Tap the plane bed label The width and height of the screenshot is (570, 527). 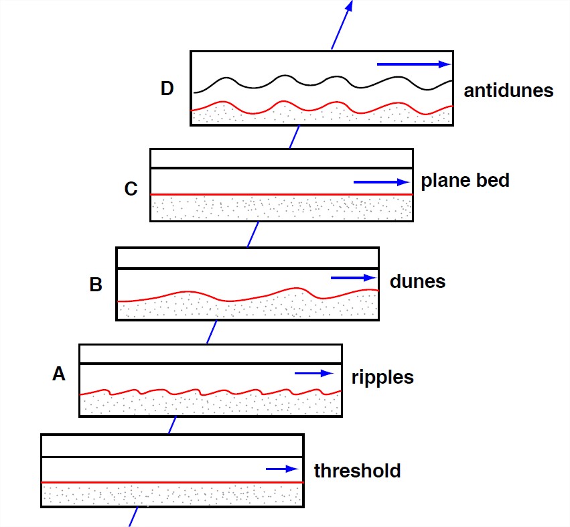coord(465,181)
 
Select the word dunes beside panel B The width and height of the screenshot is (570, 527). coord(417,281)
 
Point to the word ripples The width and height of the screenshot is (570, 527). coord(382,378)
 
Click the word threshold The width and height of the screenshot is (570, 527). coord(357,471)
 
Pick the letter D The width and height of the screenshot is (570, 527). coord(167,88)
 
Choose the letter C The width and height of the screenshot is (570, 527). coord(131,189)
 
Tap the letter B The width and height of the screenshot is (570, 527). coord(96,285)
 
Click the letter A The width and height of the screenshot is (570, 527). coord(59,374)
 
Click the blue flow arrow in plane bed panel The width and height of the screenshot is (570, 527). coord(381,181)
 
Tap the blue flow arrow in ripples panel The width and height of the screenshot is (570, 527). coord(314,374)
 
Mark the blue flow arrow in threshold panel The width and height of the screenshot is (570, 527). coord(282,469)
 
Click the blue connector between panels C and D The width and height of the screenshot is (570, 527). coord(293,137)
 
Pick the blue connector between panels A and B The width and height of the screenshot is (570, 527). coord(212,331)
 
